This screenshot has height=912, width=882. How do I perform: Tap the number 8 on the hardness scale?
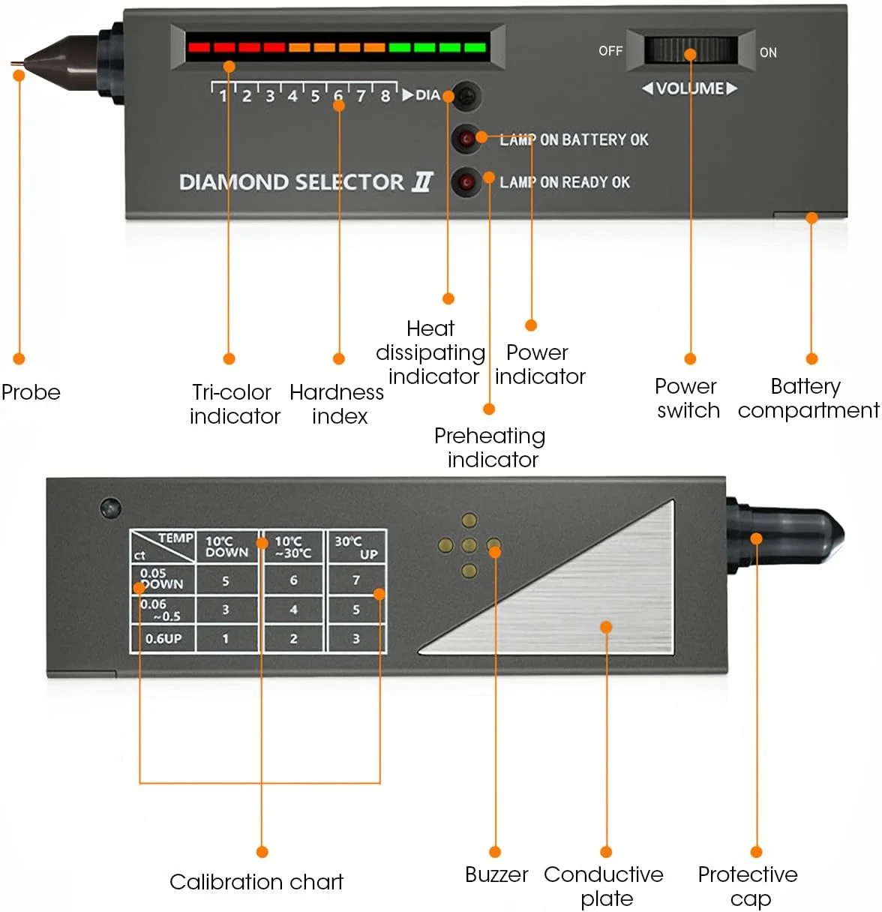[x=385, y=96]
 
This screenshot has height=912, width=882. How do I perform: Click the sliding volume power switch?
[x=691, y=50]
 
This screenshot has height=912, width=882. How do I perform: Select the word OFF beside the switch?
[x=610, y=51]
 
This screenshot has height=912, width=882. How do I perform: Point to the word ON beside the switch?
[x=768, y=52]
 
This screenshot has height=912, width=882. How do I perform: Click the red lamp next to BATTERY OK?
[x=466, y=139]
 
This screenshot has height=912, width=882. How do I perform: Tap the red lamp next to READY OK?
[x=466, y=181]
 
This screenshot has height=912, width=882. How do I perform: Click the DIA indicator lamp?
[x=467, y=96]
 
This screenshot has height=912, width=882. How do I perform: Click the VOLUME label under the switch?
[x=690, y=88]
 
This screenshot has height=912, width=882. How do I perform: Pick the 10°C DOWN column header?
[x=226, y=547]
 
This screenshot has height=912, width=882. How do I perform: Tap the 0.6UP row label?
[x=163, y=638]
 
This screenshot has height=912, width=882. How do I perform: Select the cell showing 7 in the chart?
[x=356, y=580]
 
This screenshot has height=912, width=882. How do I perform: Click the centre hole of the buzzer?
[x=469, y=545]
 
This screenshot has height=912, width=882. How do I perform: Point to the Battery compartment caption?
[x=808, y=398]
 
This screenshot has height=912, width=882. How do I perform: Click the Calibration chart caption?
[x=256, y=882]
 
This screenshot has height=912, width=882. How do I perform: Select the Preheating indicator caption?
[x=490, y=447]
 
